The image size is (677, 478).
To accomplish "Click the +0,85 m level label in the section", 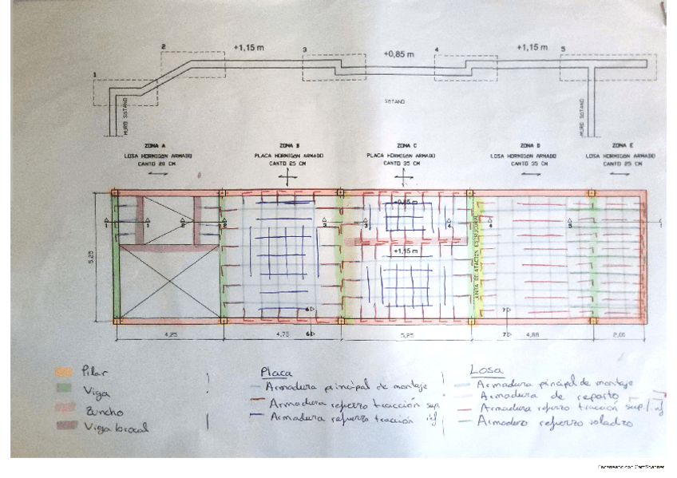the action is pos(398,54).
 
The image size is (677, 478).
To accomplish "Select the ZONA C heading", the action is pos(402,146).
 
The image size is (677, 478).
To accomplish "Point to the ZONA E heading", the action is pos(616,146).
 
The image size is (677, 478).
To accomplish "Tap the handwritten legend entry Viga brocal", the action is pos(115,428).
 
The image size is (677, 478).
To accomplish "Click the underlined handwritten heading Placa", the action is pos(276,372).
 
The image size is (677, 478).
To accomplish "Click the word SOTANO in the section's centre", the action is pos(395,102).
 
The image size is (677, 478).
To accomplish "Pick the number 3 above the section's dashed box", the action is pos(305,50).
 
